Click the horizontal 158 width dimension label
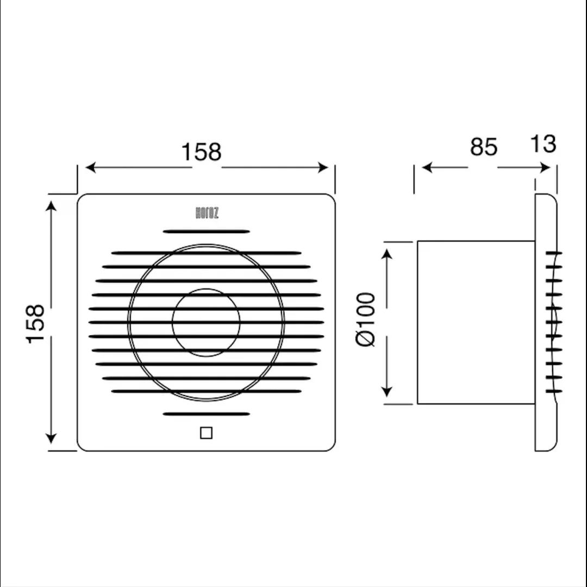click(202, 152)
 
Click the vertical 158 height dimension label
click(35, 323)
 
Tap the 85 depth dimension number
click(484, 147)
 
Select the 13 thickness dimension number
click(543, 143)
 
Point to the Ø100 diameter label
click(365, 320)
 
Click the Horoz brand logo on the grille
click(207, 214)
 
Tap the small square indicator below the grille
click(207, 433)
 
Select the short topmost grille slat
click(207, 232)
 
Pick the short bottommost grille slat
click(207, 414)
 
